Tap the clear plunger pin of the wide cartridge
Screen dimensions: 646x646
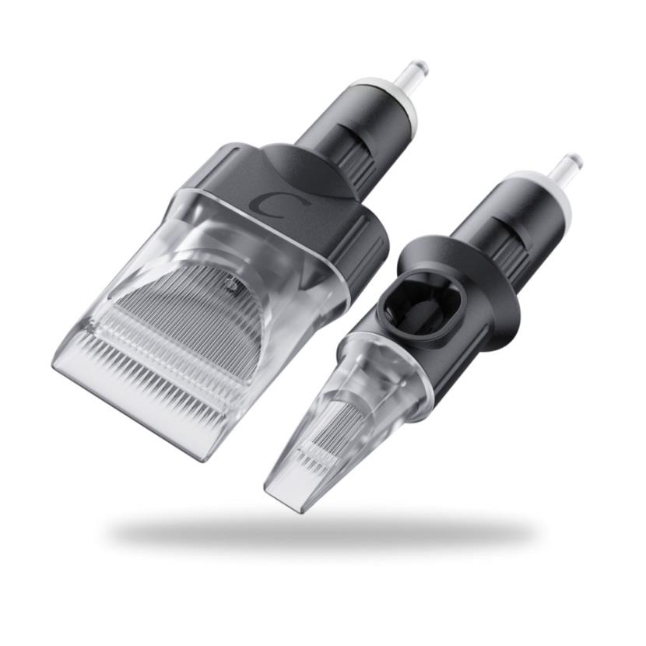click(x=415, y=74)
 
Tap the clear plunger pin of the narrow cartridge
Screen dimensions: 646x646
click(x=567, y=166)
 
